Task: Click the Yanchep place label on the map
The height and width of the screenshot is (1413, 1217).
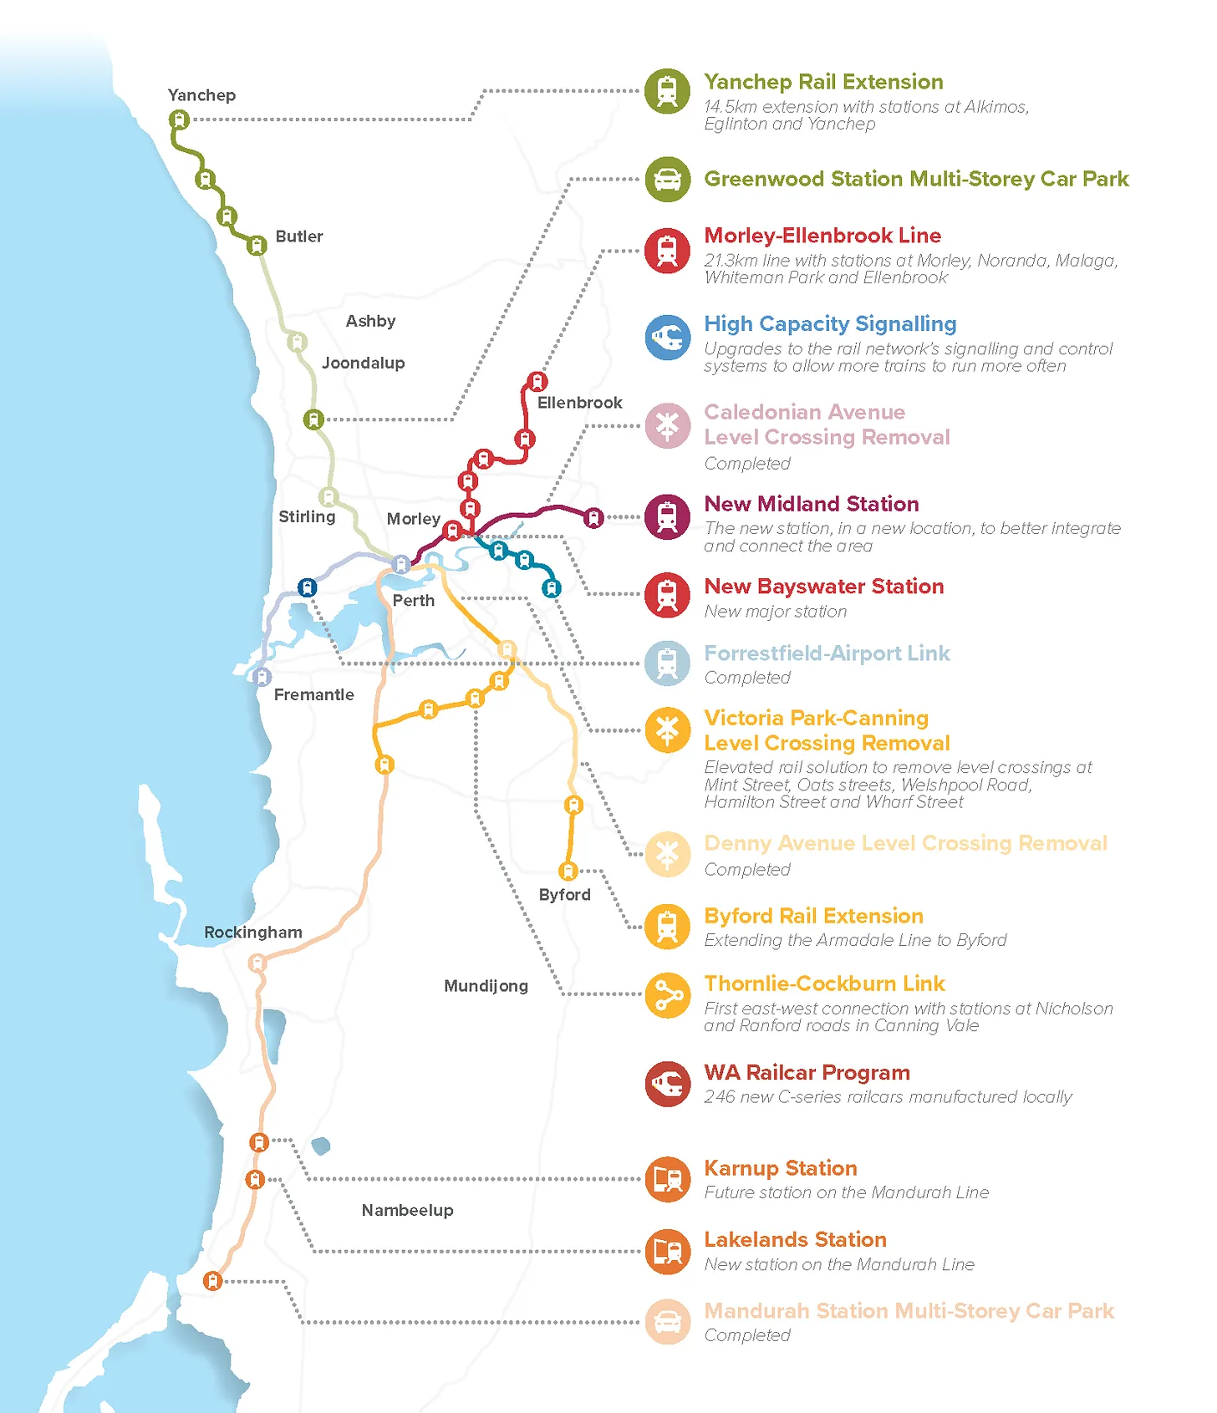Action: coord(201,95)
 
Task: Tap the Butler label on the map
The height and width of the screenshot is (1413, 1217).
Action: coord(298,236)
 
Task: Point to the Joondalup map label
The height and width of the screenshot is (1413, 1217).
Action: coord(363,363)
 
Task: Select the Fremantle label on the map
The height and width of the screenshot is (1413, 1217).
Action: coord(313,694)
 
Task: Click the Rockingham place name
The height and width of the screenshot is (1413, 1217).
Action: coord(252,932)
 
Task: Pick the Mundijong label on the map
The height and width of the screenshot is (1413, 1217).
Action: coord(486,986)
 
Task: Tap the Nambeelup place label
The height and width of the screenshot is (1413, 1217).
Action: coord(407,1210)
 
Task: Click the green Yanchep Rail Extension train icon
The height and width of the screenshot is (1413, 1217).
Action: coord(667,91)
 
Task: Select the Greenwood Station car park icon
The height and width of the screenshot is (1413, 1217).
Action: coord(667,179)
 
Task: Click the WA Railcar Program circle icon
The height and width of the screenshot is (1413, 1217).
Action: coord(667,1084)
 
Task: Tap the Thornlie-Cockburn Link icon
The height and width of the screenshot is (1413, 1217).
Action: coord(667,995)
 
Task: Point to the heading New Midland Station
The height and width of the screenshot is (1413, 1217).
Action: coord(811,504)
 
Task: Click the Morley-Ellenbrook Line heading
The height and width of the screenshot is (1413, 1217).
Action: coord(822,236)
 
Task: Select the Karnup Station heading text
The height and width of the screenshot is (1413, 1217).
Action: coord(780,1168)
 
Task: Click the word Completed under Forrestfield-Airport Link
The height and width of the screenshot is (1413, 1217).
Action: coord(746,678)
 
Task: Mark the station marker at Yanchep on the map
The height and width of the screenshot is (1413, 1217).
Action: coord(178,119)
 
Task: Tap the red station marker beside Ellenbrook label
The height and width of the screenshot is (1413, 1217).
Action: coord(537,382)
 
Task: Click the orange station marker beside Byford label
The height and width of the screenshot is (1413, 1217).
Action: coord(568,872)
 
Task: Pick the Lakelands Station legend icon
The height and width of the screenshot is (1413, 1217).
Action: coord(667,1251)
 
